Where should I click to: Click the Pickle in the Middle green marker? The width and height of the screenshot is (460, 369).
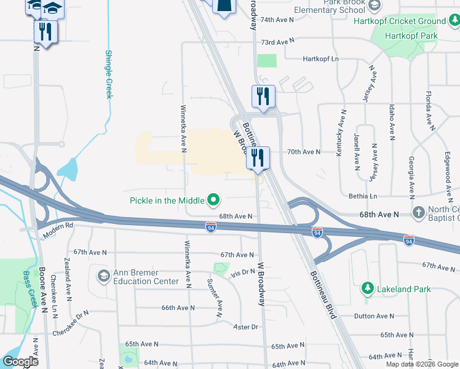(214, 199)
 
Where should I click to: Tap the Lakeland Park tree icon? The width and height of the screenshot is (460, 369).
(367, 287)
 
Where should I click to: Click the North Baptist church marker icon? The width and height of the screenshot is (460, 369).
(419, 213)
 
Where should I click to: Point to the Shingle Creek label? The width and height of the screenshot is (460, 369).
(109, 74)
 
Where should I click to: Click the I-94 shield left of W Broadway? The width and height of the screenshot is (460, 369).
(210, 228)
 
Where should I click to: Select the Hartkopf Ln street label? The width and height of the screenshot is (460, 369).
(321, 59)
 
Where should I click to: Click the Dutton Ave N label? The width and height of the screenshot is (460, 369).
(374, 316)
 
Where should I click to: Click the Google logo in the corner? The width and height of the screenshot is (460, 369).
(20, 362)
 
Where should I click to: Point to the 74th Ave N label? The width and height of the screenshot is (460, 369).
(277, 20)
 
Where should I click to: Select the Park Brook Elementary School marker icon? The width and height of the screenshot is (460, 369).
(373, 5)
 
